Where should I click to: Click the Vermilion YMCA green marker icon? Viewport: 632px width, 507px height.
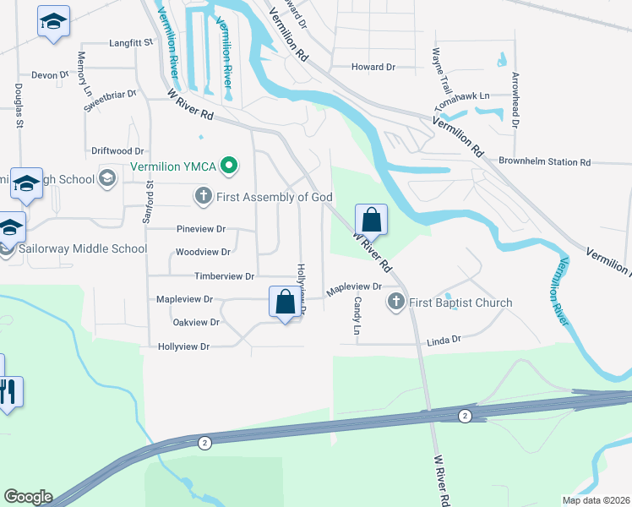pos(227,166)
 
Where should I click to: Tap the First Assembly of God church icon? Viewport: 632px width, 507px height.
pos(203,197)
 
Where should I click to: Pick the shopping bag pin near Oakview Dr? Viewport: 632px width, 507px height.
pos(286,303)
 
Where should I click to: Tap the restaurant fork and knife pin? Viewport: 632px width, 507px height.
pos(9,392)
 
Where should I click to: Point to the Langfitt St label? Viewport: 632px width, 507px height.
pos(130,41)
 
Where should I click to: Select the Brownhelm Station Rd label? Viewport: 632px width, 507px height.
pos(544,161)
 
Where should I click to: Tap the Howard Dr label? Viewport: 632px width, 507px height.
pos(373,67)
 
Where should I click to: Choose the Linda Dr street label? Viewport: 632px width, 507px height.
pos(444,340)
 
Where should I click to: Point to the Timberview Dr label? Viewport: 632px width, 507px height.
pos(224,276)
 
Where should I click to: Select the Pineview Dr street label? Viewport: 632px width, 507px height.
pos(201,229)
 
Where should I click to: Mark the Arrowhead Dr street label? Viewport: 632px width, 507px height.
pos(515,100)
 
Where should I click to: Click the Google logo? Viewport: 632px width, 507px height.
pos(28,497)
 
